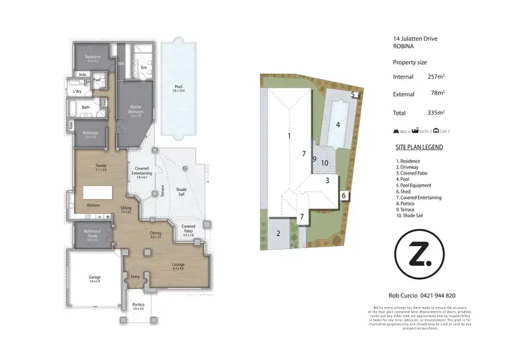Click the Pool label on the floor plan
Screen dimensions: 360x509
pyautogui.click(x=178, y=87)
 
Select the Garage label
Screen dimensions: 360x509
pyautogui.click(x=94, y=277)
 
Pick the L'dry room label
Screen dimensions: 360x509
pyautogui.click(x=77, y=90)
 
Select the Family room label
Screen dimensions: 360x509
pyautogui.click(x=100, y=165)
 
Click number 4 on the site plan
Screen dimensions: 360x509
pyautogui.click(x=337, y=124)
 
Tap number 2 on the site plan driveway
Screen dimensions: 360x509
pyautogui.click(x=278, y=234)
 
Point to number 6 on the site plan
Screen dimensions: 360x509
pyautogui.click(x=344, y=196)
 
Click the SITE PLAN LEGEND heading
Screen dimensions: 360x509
pyautogui.click(x=419, y=147)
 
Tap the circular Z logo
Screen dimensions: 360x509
pyautogui.click(x=421, y=256)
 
